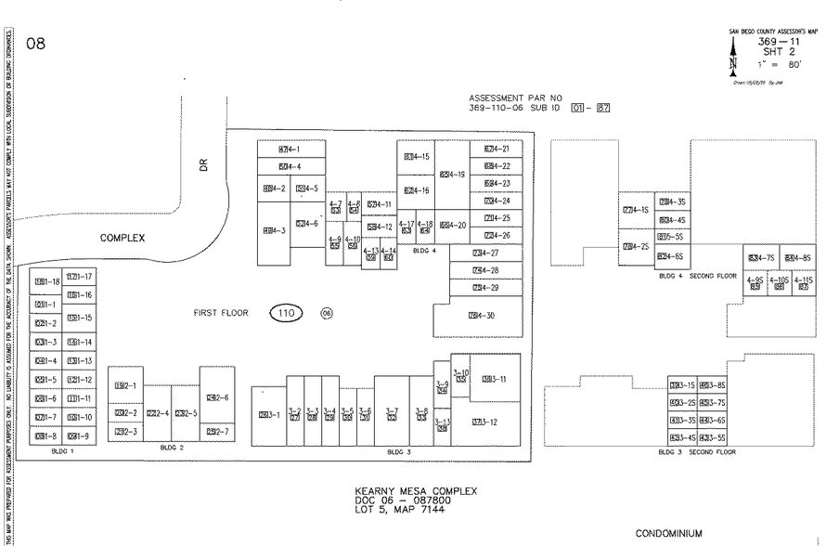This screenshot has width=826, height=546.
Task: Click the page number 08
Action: click(36, 44)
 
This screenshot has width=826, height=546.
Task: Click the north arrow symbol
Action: click(733, 62)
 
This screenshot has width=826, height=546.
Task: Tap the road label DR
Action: click(205, 164)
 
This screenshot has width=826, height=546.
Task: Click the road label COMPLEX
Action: click(123, 238)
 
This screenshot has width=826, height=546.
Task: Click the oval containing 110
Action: click(286, 313)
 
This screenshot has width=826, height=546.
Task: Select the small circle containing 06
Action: click(326, 313)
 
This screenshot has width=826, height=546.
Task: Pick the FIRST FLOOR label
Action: click(221, 313)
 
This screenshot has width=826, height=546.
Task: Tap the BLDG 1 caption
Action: click(65, 450)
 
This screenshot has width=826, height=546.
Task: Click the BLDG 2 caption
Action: click(172, 448)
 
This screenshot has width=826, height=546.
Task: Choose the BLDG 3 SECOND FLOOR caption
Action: click(696, 452)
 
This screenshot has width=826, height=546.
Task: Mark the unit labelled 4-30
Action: click(482, 316)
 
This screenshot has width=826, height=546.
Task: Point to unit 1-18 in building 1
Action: click(47, 281)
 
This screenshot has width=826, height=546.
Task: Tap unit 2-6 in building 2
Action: click(217, 397)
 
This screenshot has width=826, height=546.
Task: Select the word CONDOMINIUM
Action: click(668, 533)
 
